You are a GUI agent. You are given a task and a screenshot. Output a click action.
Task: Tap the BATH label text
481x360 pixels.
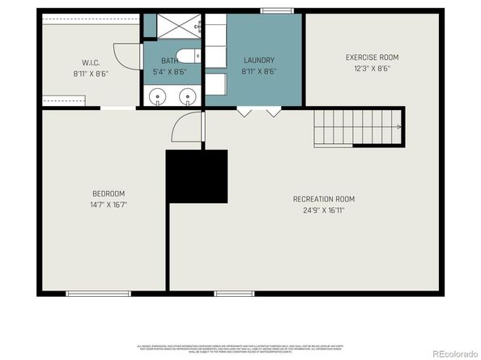coord(169,61)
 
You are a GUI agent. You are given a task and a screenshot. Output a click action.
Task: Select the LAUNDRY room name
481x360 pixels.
coord(258,60)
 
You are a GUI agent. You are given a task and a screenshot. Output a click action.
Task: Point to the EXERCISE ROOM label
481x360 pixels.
coord(372,57)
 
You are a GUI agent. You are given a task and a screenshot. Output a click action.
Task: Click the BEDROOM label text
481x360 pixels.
coord(109,193)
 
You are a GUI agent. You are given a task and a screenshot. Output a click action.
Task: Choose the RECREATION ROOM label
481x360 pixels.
coord(324,198)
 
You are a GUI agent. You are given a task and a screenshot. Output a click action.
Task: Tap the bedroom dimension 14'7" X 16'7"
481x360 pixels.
coord(109,205)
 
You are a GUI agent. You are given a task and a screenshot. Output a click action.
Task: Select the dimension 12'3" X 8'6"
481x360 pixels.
coord(372,70)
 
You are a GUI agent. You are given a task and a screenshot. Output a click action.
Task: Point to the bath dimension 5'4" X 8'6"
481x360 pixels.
coord(169,72)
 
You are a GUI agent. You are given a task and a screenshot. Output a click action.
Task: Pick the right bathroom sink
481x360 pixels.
coord(187,96)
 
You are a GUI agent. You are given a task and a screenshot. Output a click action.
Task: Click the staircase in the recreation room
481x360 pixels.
coord(357,127)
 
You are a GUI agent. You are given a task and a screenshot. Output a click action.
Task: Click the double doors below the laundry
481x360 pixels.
coord(258,112)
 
